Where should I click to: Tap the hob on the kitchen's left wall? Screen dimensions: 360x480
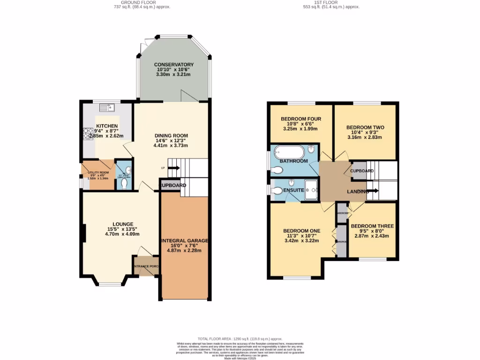[x=88, y=134]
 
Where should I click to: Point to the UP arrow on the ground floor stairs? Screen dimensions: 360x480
[x=172, y=168]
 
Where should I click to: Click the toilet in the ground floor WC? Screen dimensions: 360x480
[x=124, y=184]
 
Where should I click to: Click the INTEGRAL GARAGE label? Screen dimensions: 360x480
[x=185, y=240]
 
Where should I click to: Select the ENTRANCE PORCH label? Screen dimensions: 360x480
[x=146, y=266]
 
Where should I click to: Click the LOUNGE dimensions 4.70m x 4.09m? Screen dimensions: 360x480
[x=122, y=234]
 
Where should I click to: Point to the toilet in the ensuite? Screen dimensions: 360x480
[x=276, y=190]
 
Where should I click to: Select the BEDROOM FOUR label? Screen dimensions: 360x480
[x=300, y=119]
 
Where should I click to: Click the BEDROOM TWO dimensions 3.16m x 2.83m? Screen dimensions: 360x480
[x=365, y=137]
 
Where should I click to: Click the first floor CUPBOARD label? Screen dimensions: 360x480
[x=362, y=171]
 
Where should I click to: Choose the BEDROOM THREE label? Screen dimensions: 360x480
[x=372, y=226]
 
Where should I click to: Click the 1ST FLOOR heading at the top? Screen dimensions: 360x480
[x=332, y=2]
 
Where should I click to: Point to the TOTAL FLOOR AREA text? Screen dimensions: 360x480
[x=240, y=338]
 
